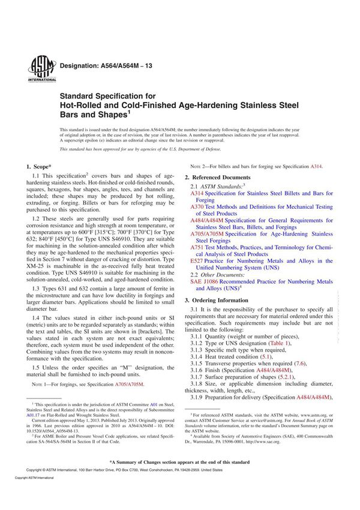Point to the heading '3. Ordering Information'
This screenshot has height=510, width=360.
click(216, 299)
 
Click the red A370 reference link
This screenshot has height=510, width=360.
click(197, 207)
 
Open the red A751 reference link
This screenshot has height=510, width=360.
click(197, 247)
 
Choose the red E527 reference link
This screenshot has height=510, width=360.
click(197, 261)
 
